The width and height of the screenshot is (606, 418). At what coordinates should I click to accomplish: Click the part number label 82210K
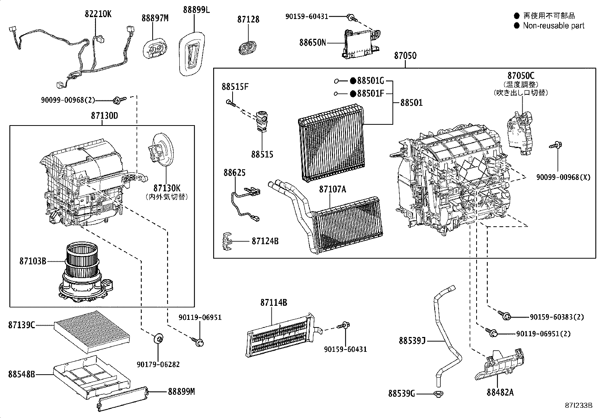(x=98, y=14)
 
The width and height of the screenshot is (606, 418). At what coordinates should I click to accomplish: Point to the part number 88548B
(x=21, y=374)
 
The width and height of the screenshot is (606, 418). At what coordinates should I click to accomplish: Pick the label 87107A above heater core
(x=332, y=189)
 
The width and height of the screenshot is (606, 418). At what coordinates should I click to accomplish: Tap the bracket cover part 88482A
(x=499, y=365)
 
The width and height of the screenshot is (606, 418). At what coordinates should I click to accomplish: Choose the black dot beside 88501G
(x=353, y=81)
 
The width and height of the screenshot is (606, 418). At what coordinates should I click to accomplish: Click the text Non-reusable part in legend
(x=553, y=26)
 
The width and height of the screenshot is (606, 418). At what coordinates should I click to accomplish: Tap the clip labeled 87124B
(x=227, y=241)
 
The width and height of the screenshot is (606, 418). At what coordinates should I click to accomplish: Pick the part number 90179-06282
(x=158, y=364)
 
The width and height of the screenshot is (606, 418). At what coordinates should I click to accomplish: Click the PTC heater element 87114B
(x=280, y=335)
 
